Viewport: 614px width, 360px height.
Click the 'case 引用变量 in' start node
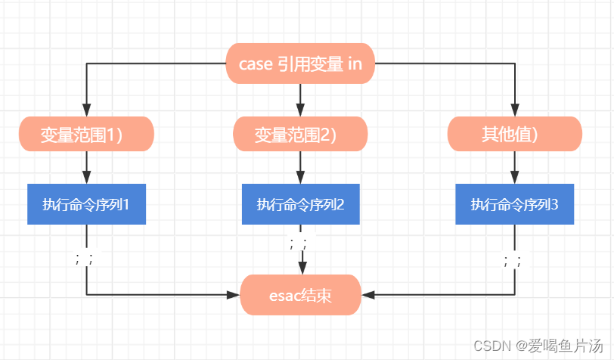tap(300, 64)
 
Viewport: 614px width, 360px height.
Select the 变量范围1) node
tap(86, 134)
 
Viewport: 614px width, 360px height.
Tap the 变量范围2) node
tap(300, 134)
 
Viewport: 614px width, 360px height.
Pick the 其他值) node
tap(514, 134)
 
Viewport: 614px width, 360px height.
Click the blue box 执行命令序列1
tap(86, 204)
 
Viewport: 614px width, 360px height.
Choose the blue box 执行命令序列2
tap(301, 204)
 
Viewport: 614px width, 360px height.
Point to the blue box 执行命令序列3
tap(514, 204)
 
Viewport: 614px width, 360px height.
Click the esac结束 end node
tap(300, 295)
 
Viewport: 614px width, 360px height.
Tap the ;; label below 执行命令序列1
tap(85, 259)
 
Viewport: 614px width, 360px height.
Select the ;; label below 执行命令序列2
tap(299, 244)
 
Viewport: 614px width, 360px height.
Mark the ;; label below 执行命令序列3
tap(513, 260)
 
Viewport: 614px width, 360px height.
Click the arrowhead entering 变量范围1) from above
tap(86, 110)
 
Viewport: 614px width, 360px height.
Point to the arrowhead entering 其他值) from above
tap(514, 110)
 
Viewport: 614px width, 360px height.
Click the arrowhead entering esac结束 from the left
tap(234, 295)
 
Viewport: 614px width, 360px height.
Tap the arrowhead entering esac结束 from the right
tap(367, 295)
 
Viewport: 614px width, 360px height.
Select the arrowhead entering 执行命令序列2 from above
tap(300, 178)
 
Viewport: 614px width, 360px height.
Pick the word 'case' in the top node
tap(256, 64)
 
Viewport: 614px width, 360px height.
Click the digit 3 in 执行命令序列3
tap(554, 204)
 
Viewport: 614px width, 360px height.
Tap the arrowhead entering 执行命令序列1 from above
tap(86, 178)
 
